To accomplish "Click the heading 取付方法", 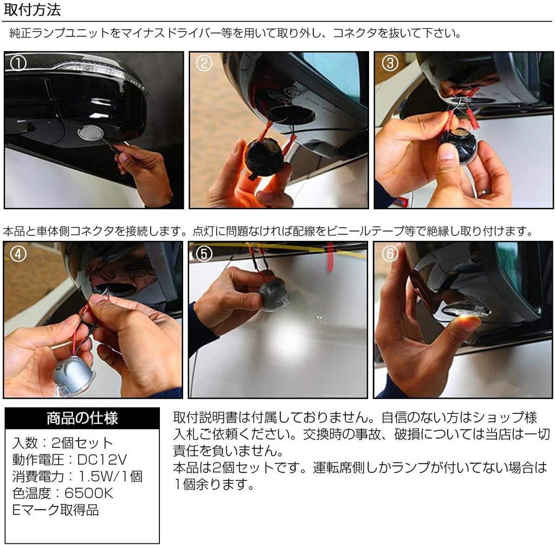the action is [x=32, y=10].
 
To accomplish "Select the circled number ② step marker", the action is [x=204, y=63].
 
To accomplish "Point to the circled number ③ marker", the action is [x=390, y=63].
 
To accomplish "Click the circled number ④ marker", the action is [x=18, y=254].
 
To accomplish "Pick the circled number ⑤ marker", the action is [x=204, y=254].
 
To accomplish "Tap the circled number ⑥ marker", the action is [x=390, y=254].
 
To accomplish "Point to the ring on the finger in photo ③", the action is [x=483, y=193].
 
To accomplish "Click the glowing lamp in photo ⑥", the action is [x=467, y=312].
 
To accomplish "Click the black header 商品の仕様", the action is [x=82, y=418].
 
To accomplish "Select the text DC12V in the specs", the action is [x=102, y=459].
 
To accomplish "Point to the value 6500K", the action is [x=89, y=493].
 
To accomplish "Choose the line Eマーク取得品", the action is [x=56, y=510].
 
